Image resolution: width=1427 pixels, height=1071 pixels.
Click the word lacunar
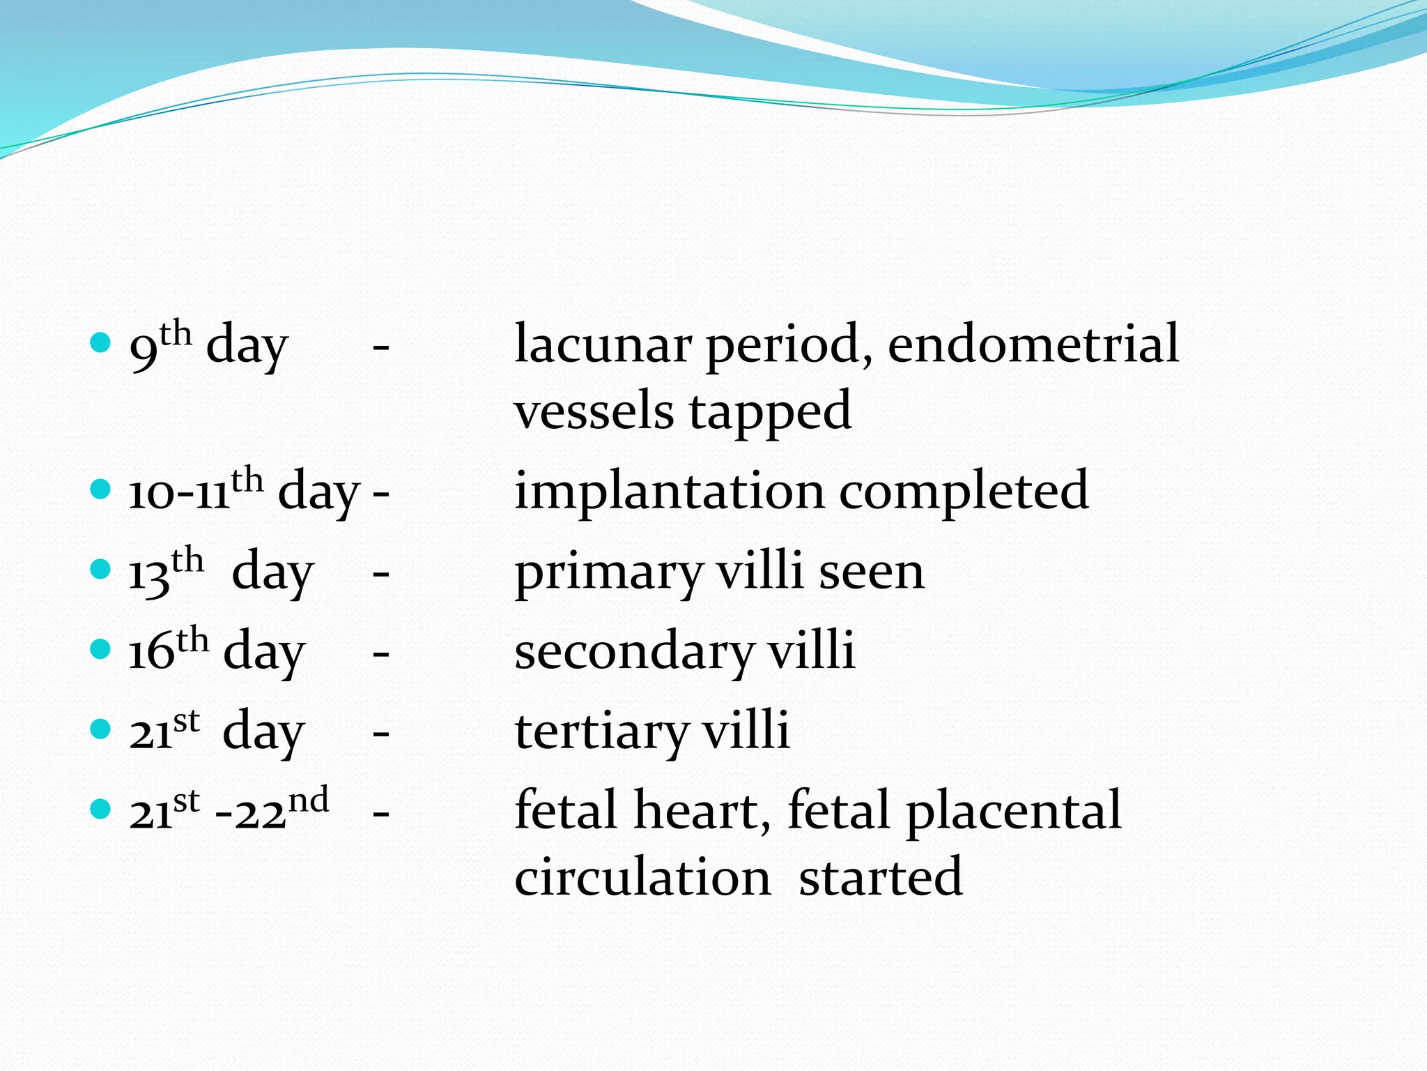603,344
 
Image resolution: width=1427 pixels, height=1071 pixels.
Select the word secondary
633,651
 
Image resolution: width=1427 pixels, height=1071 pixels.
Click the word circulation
642,877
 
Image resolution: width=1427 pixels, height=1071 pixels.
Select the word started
880,877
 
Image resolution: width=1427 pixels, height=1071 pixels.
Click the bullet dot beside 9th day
101,342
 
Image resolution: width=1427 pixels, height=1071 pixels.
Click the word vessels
594,411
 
